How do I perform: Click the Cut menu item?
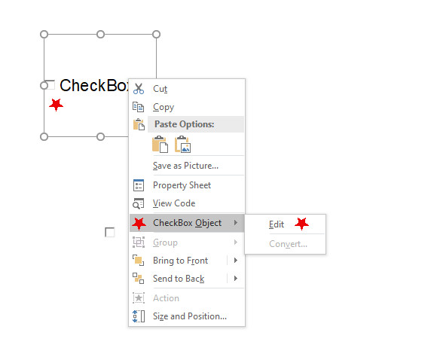(160, 89)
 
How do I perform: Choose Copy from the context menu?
(164, 107)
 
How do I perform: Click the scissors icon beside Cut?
(139, 89)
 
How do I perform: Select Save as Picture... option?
(185, 166)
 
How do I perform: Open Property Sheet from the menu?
(182, 185)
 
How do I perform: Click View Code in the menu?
(174, 203)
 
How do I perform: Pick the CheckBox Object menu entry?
(187, 223)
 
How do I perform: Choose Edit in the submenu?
(277, 224)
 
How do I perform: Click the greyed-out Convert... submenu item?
(288, 244)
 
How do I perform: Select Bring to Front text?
(181, 261)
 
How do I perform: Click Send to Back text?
(179, 279)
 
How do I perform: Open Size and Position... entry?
(190, 316)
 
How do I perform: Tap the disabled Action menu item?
(166, 298)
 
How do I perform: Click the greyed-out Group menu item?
(165, 243)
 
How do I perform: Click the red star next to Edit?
(301, 224)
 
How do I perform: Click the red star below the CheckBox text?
(57, 105)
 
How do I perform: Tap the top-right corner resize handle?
(157, 35)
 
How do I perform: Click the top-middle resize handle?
(100, 35)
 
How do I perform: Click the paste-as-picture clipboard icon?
(182, 144)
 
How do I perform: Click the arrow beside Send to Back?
(236, 279)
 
